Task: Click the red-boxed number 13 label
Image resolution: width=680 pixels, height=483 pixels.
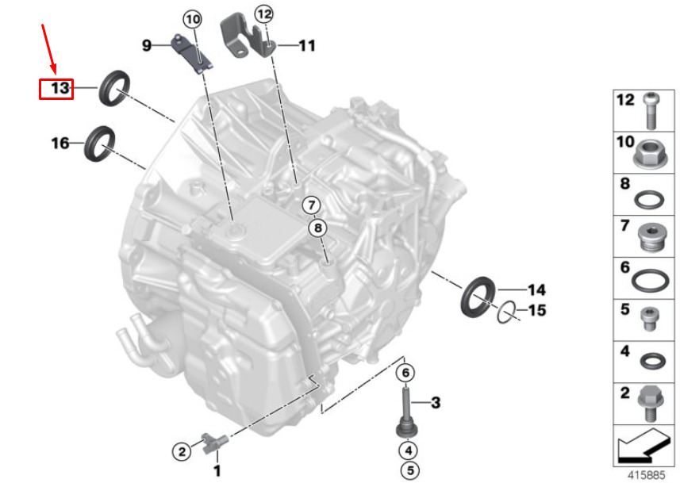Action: point(60,89)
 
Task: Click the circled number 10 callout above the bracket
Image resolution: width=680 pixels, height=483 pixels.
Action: point(193,20)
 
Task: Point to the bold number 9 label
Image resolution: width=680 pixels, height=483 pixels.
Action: point(147,45)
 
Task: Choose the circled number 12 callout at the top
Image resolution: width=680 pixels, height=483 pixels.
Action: point(264,14)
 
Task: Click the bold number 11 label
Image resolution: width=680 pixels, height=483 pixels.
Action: point(307,45)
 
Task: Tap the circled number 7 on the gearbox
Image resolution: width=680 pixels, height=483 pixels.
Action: point(311,205)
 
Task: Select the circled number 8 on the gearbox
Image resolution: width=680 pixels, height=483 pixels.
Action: point(318,228)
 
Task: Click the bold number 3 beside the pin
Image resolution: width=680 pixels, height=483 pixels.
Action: point(436,403)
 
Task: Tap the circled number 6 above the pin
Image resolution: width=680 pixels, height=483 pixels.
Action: point(405,373)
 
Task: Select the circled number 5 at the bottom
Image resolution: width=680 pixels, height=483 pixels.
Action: point(409,470)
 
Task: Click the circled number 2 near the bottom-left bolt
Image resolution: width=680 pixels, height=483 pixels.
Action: point(182,452)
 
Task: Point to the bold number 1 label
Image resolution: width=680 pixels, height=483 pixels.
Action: point(217,470)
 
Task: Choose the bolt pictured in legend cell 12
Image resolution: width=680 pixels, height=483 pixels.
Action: point(651,110)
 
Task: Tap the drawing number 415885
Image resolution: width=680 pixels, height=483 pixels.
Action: point(646,475)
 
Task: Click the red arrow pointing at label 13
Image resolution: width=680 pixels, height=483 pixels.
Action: point(48,48)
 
